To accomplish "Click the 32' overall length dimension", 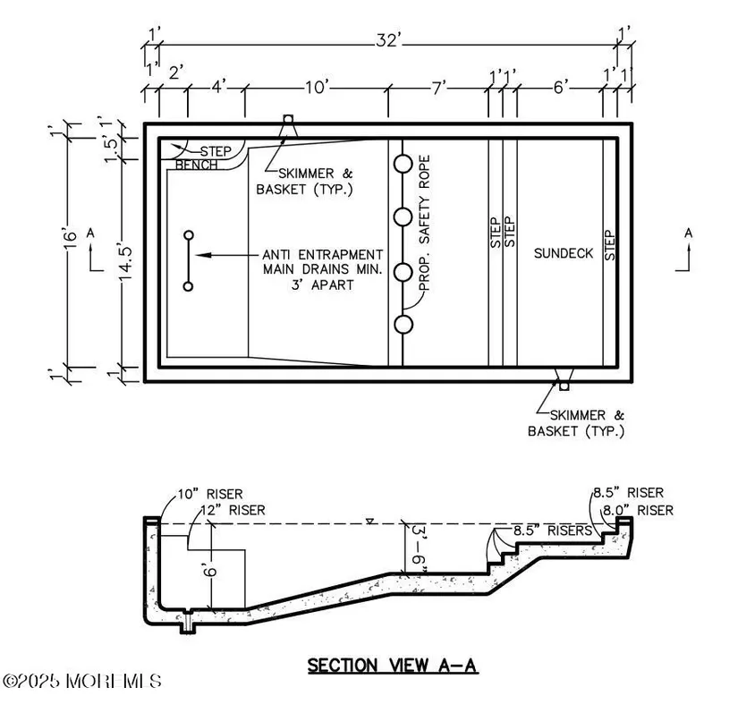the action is [x=388, y=41].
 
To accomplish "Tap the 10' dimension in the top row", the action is [x=317, y=87].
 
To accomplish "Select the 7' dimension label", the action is [x=438, y=88].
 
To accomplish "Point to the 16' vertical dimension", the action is [x=70, y=242].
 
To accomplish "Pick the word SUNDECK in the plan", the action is [x=564, y=253].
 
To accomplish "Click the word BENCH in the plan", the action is [x=196, y=165].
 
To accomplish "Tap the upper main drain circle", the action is [x=188, y=235].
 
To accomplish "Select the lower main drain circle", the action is [x=188, y=286].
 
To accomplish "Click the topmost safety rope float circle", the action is [x=403, y=164].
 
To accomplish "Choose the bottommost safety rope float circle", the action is [x=403, y=324].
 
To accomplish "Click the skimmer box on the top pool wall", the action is [x=288, y=119].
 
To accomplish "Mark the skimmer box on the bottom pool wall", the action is [x=564, y=386].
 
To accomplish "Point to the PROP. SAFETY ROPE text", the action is [x=425, y=223].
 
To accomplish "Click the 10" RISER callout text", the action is [x=210, y=494].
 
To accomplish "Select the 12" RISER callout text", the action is [x=233, y=510].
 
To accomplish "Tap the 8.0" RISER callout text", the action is [x=638, y=510].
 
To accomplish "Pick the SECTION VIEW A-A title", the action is [x=393, y=666].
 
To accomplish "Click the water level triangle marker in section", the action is [x=370, y=521].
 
